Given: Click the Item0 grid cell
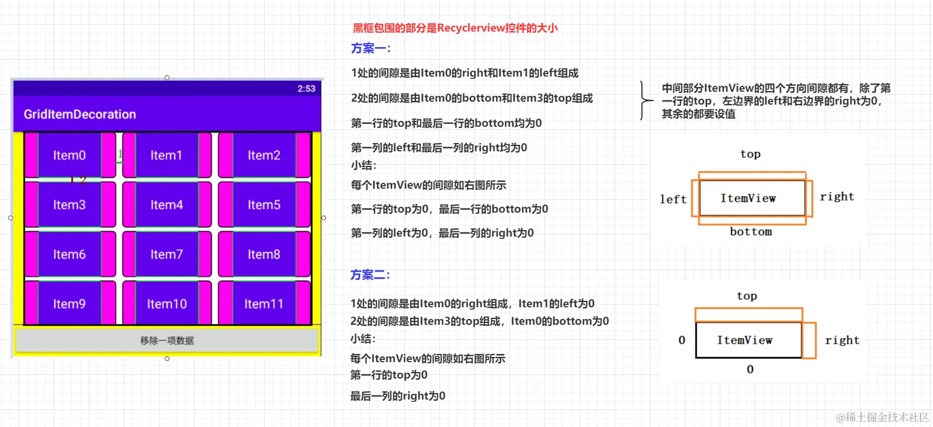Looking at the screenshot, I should click(x=70, y=155).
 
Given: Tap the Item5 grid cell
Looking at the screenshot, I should click(x=263, y=205).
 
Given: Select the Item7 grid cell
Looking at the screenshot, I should click(x=167, y=255).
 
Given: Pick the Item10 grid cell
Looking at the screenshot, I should click(x=167, y=304).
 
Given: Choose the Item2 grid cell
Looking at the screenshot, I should click(x=263, y=155).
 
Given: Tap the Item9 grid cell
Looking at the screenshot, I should click(x=70, y=304).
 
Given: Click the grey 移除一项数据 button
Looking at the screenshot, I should click(x=167, y=341).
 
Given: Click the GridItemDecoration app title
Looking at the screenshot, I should click(x=79, y=114).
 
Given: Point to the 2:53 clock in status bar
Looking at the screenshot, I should click(x=306, y=89).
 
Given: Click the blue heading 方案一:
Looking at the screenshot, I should click(x=371, y=48).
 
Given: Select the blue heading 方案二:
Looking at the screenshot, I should click(x=370, y=275).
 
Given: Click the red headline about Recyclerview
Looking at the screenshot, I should click(x=455, y=28).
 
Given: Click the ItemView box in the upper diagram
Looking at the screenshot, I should click(x=748, y=199).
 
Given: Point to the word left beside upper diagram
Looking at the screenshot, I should click(x=673, y=199).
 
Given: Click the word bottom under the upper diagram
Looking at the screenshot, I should click(x=751, y=232).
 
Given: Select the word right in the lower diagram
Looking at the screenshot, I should click(x=842, y=341).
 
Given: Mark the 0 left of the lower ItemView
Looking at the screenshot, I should click(x=682, y=340).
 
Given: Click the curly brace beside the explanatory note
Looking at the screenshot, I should click(x=645, y=100).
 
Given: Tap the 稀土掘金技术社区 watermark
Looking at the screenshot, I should click(x=882, y=417).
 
